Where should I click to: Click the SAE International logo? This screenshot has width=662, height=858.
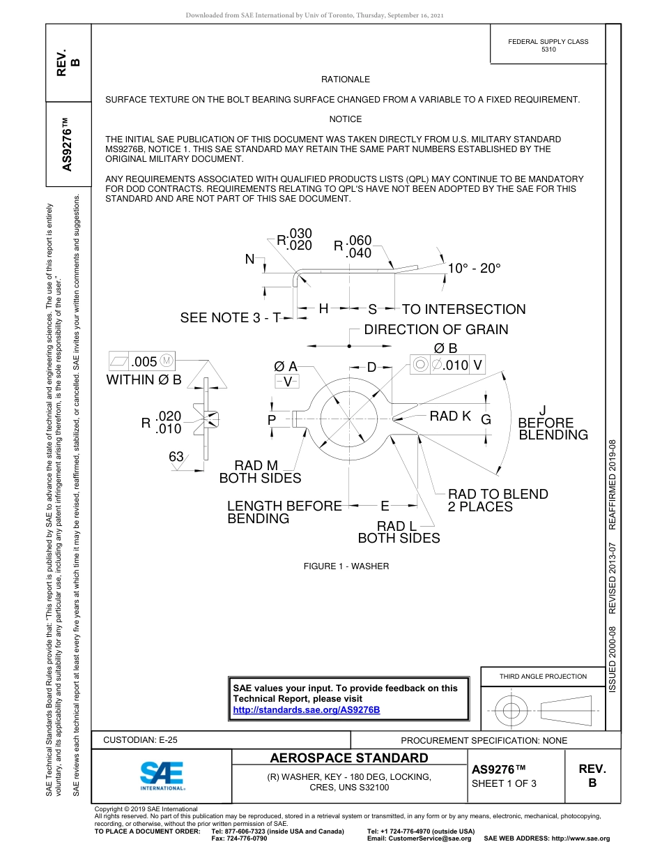pos(162,775)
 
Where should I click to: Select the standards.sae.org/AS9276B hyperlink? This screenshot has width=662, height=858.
pos(307,710)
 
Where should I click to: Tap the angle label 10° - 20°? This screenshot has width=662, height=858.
pos(474,269)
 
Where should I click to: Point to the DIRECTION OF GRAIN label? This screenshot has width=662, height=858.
pos(436,329)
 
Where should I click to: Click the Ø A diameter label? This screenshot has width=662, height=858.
pos(286,366)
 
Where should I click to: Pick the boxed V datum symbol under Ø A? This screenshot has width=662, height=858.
pos(287,382)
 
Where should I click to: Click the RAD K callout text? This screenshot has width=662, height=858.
pos(450,416)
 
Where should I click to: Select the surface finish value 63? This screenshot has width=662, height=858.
pos(176,457)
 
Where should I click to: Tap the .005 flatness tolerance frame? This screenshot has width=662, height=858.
pos(142,361)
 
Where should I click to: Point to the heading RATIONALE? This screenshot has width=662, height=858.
pos(346,80)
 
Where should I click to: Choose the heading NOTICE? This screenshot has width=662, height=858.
pos(346,119)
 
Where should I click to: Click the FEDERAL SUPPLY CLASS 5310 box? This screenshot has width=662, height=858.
pos(548,45)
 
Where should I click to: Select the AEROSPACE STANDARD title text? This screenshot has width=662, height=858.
pos(349,758)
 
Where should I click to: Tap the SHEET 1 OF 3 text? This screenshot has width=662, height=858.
pos(504,783)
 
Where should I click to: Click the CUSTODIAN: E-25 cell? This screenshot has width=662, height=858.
pos(140,739)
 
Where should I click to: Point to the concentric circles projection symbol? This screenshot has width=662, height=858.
pos(511,712)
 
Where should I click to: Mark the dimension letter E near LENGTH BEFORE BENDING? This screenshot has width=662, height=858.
pos(384,505)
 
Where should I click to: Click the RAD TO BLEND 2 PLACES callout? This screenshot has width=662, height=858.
pos(498,500)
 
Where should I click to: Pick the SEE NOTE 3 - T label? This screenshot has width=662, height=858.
pos(230,318)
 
